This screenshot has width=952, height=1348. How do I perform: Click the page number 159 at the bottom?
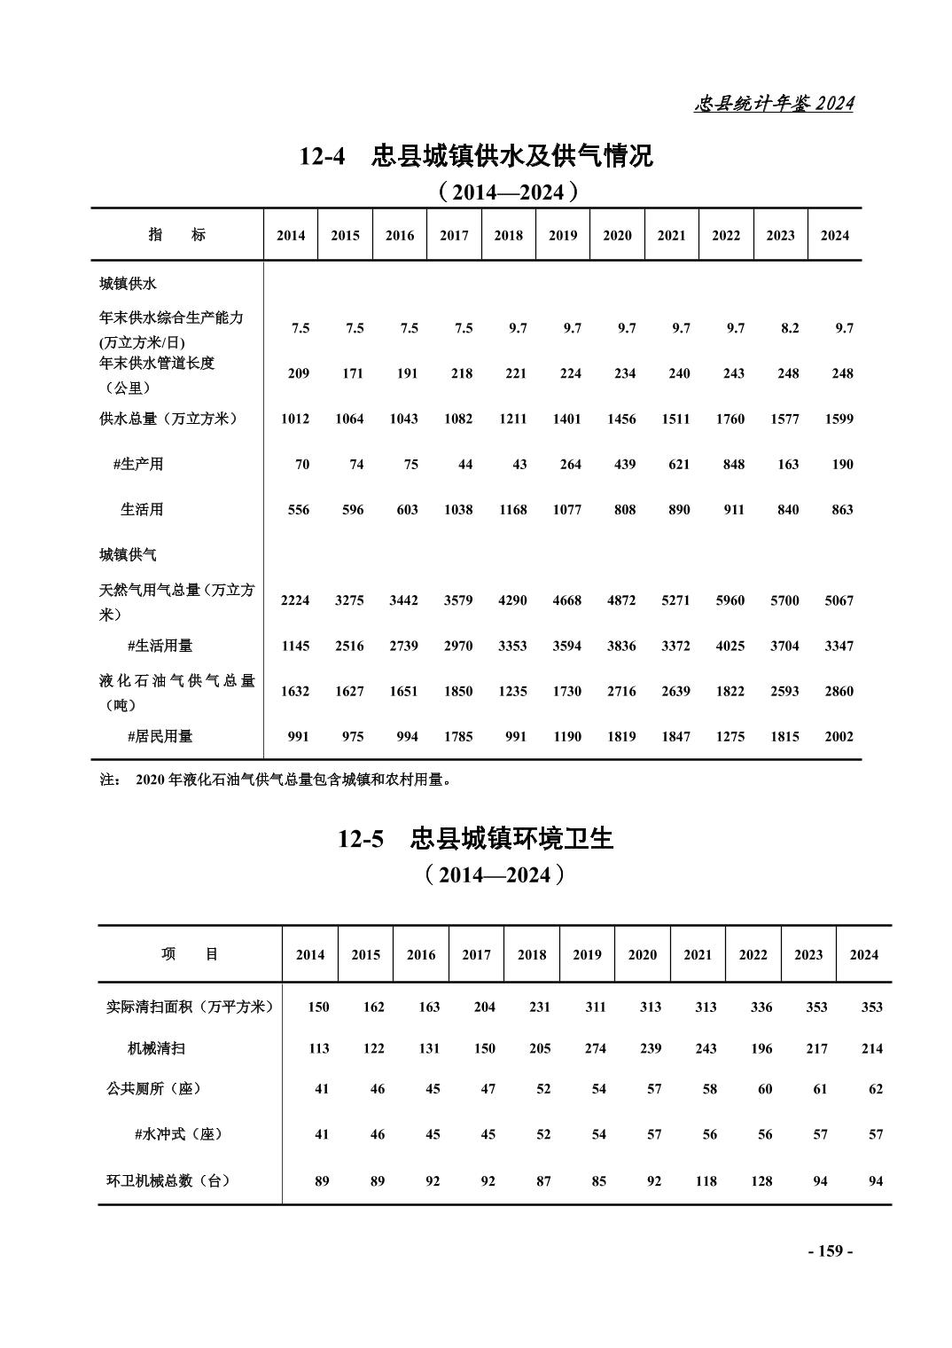pyautogui.click(x=830, y=1251)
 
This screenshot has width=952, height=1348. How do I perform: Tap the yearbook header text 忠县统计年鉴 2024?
pyautogui.click(x=773, y=104)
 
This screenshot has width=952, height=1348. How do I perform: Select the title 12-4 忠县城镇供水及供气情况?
pyautogui.click(x=475, y=156)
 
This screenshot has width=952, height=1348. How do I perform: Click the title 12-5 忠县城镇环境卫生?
pyautogui.click(x=475, y=838)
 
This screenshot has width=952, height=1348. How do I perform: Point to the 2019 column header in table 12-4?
pyautogui.click(x=563, y=235)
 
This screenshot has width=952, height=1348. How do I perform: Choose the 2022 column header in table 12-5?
pyautogui.click(x=753, y=955)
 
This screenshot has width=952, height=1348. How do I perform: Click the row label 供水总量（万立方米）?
pyautogui.click(x=168, y=419)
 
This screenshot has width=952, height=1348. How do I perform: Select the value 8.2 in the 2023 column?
pyautogui.click(x=789, y=328)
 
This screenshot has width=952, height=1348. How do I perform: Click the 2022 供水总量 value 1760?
pyautogui.click(x=730, y=419)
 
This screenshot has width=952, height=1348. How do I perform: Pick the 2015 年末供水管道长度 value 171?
pyautogui.click(x=353, y=373)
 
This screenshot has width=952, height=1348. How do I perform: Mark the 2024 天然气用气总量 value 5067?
pyautogui.click(x=839, y=600)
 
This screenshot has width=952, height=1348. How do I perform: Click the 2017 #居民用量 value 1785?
pyautogui.click(x=458, y=736)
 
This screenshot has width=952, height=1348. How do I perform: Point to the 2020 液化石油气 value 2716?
pyautogui.click(x=621, y=691)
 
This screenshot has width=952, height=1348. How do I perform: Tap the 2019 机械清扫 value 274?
pyautogui.click(x=595, y=1048)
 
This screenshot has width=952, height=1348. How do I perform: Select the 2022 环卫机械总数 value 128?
pyautogui.click(x=761, y=1181)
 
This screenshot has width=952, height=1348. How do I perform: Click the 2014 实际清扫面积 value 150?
pyautogui.click(x=318, y=1007)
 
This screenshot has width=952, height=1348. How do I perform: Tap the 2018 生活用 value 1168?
pyautogui.click(x=512, y=510)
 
